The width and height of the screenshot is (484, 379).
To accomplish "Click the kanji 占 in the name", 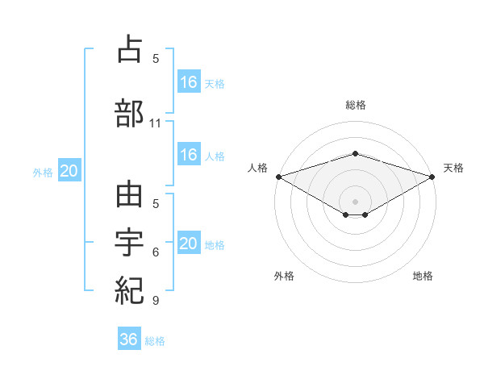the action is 130,48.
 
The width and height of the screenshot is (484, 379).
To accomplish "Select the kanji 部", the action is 129,113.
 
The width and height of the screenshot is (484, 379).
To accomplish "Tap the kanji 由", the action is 129,194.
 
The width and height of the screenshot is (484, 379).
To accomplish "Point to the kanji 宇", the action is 129,242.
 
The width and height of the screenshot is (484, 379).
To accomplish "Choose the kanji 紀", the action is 129,290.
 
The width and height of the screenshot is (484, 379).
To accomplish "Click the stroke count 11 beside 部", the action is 155,123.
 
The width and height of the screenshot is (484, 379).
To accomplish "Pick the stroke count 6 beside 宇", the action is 156,252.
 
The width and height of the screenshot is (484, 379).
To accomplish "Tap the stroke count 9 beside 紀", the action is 156,300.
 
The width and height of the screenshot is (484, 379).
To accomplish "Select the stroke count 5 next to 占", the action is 156,58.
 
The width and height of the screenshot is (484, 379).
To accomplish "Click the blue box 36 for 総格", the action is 129,338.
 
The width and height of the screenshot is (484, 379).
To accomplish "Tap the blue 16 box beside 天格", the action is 190,81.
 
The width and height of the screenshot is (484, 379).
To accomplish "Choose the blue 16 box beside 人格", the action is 190,154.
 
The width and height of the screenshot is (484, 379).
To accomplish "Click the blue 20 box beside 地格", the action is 190,242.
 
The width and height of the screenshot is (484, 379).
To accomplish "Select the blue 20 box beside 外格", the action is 69,170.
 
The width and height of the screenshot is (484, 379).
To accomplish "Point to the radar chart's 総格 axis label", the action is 356,105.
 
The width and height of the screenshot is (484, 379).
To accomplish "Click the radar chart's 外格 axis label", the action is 284,276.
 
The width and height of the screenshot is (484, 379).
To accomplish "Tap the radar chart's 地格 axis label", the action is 423,276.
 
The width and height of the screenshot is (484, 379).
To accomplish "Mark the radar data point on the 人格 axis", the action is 279,177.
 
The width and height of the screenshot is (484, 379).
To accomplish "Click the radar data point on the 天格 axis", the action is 432,177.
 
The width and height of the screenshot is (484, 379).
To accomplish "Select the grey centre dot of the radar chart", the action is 355,202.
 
